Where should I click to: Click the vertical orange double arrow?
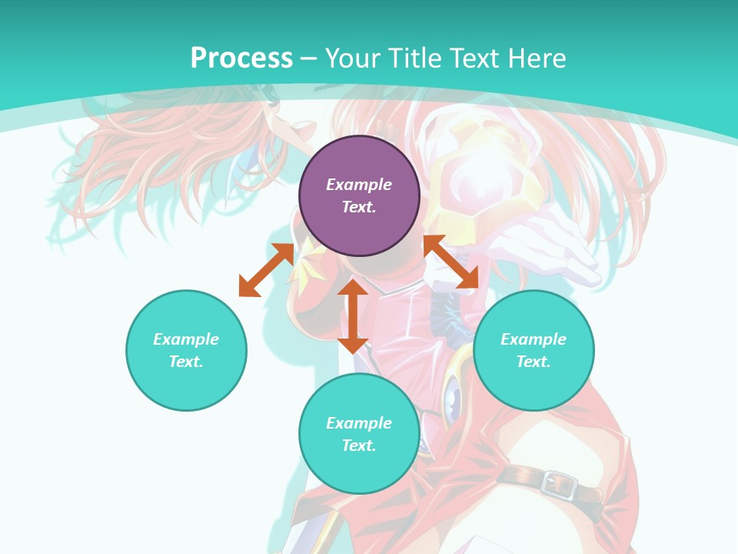tap(353, 316)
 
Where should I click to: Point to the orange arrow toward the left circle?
tap(266, 270)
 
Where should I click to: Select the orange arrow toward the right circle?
tap(450, 262)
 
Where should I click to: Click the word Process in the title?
tap(241, 58)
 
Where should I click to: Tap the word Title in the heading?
tap(414, 58)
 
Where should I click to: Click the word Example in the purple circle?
tap(359, 185)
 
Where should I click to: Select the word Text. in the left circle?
tap(186, 362)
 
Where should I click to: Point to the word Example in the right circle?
tap(534, 339)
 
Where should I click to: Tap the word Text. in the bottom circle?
tap(359, 446)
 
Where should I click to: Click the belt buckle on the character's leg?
tap(559, 483)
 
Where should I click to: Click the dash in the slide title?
tap(309, 58)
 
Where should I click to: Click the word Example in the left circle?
tap(186, 339)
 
